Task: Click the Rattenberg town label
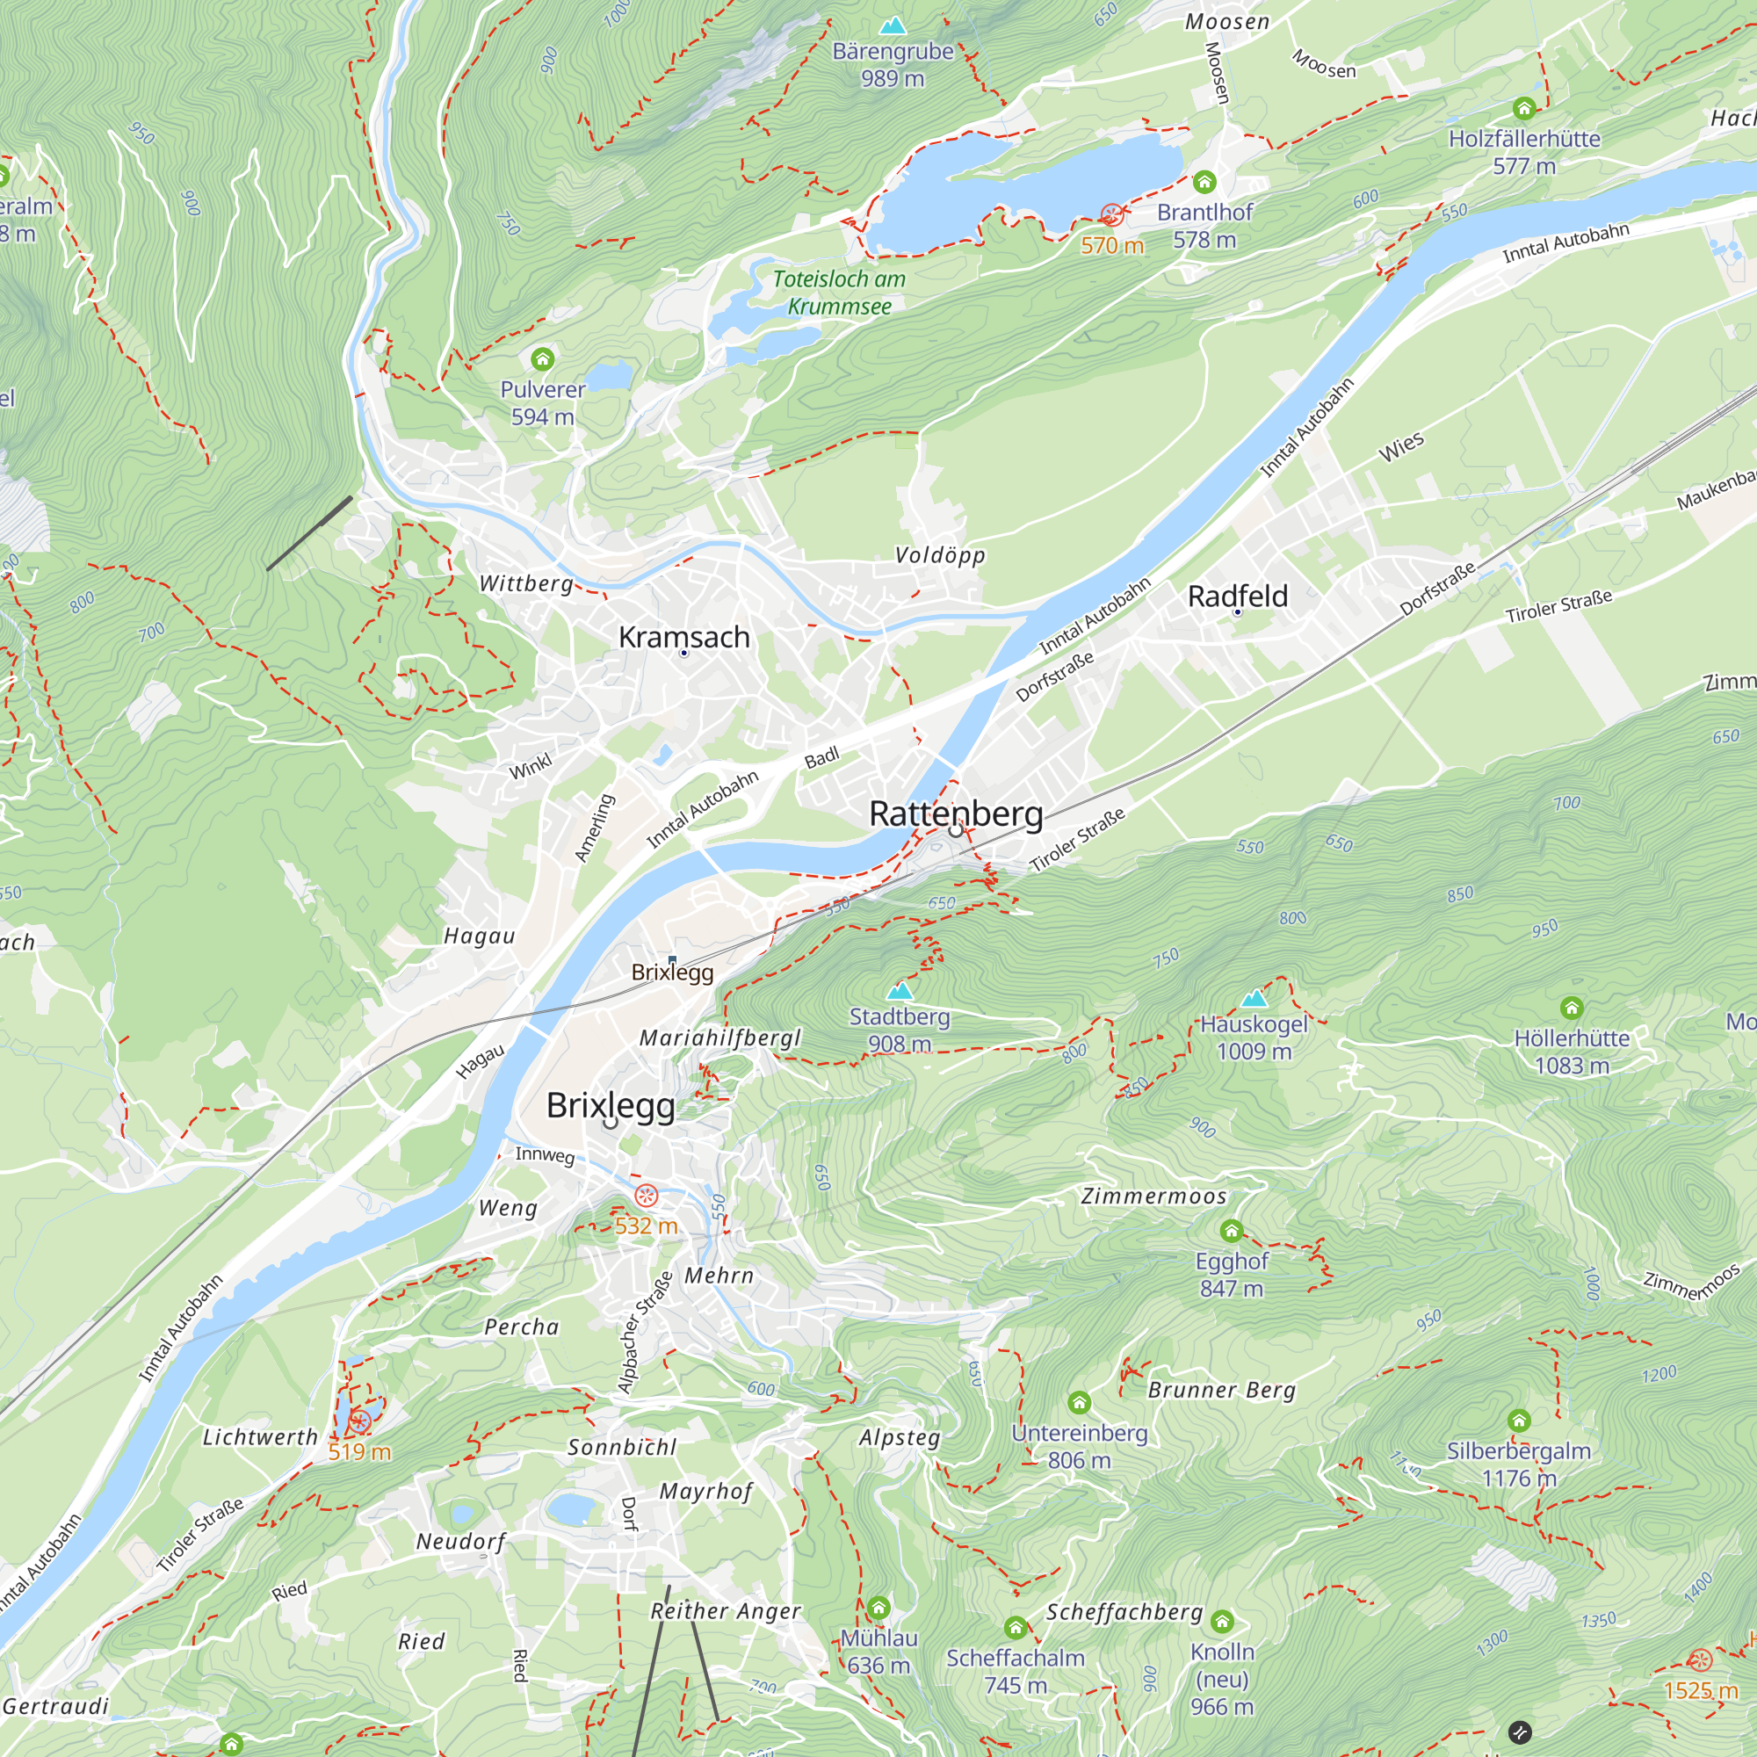click(956, 813)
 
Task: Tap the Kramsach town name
click(683, 638)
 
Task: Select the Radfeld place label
click(1238, 597)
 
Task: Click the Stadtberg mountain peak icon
click(900, 990)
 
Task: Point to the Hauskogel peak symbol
click(1254, 999)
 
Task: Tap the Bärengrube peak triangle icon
click(893, 25)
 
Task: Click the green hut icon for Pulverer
click(543, 358)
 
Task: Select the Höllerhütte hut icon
click(1572, 1008)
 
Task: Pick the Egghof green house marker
click(1232, 1232)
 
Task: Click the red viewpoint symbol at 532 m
click(646, 1196)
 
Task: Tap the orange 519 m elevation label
click(359, 1451)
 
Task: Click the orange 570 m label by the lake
click(1112, 246)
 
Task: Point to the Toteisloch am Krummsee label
click(839, 293)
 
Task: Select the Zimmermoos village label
click(1154, 1197)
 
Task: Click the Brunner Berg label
click(1221, 1390)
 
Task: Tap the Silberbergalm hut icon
click(1519, 1421)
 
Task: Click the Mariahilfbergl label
click(720, 1038)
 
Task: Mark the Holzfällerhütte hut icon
click(1524, 109)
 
